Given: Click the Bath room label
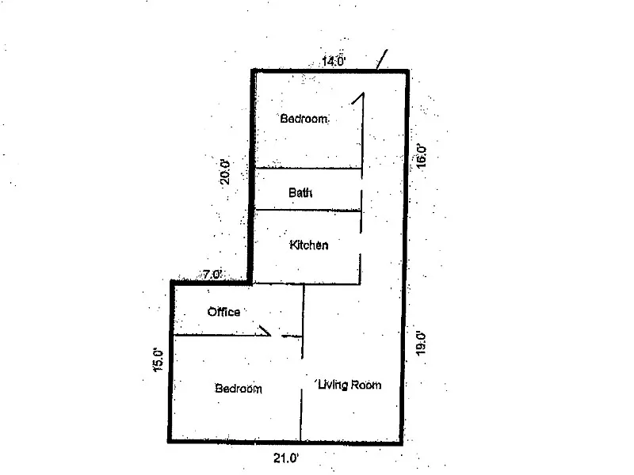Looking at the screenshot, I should (300, 192).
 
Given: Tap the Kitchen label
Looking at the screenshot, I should (309, 245).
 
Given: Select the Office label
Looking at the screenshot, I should (223, 312).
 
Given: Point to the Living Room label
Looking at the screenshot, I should (349, 385).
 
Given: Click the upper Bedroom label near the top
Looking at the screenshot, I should (304, 119).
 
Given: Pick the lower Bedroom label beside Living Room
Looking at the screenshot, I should (239, 389).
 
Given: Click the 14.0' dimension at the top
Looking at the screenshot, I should (333, 61).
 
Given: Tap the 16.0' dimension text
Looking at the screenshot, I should (422, 154).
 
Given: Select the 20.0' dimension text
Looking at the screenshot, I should (225, 172).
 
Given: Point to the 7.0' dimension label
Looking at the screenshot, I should (212, 275).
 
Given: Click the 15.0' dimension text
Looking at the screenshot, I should (158, 360).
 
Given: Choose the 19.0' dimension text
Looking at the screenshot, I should (421, 345).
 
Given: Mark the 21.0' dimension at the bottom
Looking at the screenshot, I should (285, 457).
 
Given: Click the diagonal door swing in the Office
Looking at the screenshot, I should (265, 329).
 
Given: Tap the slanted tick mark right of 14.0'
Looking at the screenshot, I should (382, 59).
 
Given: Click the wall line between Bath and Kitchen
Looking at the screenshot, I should (307, 211).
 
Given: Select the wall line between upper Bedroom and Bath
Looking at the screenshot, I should (307, 168).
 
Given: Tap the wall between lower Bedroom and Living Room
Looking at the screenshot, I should (302, 412).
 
